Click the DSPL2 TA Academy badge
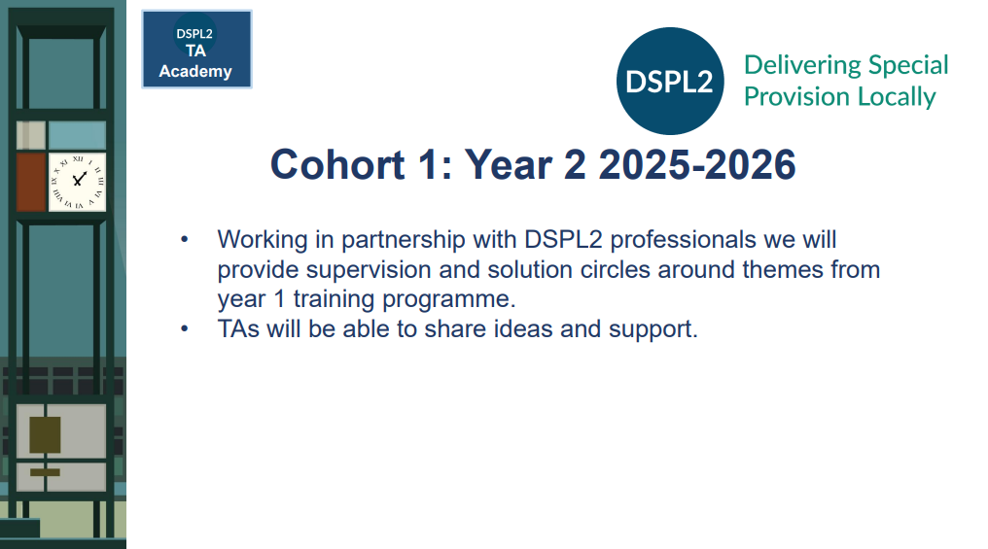(196, 50)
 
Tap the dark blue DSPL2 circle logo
(670, 82)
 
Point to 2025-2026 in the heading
(697, 165)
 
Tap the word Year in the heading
(509, 165)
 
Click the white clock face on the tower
(78, 182)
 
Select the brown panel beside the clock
(31, 182)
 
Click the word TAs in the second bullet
(238, 329)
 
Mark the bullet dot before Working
(184, 239)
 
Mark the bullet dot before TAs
(184, 328)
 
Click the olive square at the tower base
(46, 435)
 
